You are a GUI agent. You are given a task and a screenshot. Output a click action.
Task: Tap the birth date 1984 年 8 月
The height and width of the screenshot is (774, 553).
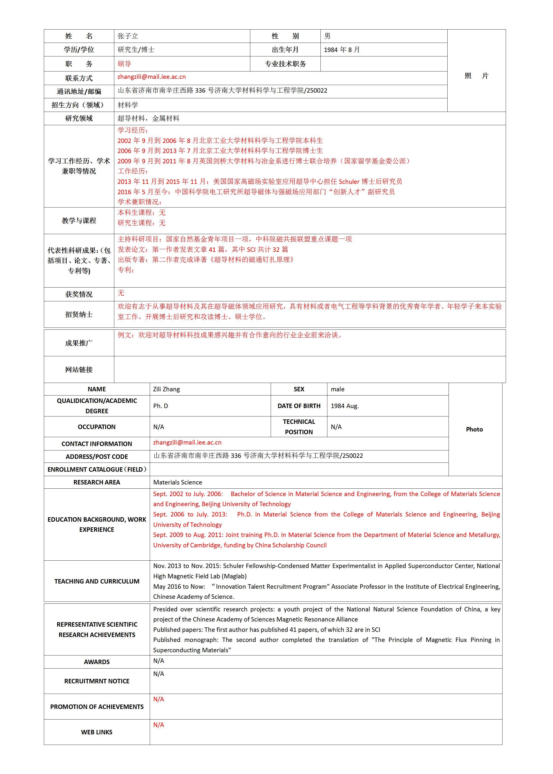tap(342, 50)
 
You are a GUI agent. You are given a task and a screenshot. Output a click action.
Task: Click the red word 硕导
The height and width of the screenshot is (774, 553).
tap(124, 64)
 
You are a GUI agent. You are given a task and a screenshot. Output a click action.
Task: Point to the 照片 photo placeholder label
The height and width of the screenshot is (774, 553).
tap(476, 76)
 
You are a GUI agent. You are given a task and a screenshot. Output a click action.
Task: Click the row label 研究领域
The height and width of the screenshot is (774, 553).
tap(79, 119)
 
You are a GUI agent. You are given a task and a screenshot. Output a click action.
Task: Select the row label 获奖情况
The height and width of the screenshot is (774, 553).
tap(79, 294)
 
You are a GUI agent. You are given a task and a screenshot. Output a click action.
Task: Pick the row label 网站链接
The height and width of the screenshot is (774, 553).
tap(79, 370)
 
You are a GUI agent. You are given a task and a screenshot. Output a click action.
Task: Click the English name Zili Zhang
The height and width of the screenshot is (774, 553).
tap(167, 389)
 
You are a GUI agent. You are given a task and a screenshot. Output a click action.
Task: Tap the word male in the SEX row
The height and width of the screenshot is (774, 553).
tap(337, 389)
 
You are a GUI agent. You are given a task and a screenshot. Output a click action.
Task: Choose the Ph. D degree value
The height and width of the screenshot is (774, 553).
tap(160, 406)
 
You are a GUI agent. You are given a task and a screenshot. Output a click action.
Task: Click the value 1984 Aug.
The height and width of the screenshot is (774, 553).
tap(345, 406)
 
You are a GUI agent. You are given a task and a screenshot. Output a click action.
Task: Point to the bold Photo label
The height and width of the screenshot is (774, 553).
tap(474, 429)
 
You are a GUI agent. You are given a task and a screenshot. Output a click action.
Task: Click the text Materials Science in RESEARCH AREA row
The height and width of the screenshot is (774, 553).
tap(177, 482)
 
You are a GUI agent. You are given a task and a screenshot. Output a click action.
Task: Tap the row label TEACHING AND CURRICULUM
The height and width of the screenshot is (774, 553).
tap(97, 581)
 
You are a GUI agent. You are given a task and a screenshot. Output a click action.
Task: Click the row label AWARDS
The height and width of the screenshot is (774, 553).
tap(97, 662)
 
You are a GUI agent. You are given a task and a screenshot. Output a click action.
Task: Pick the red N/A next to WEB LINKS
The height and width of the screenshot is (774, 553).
tap(158, 725)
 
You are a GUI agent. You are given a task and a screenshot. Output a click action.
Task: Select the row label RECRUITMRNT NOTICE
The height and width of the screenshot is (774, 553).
tap(97, 681)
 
